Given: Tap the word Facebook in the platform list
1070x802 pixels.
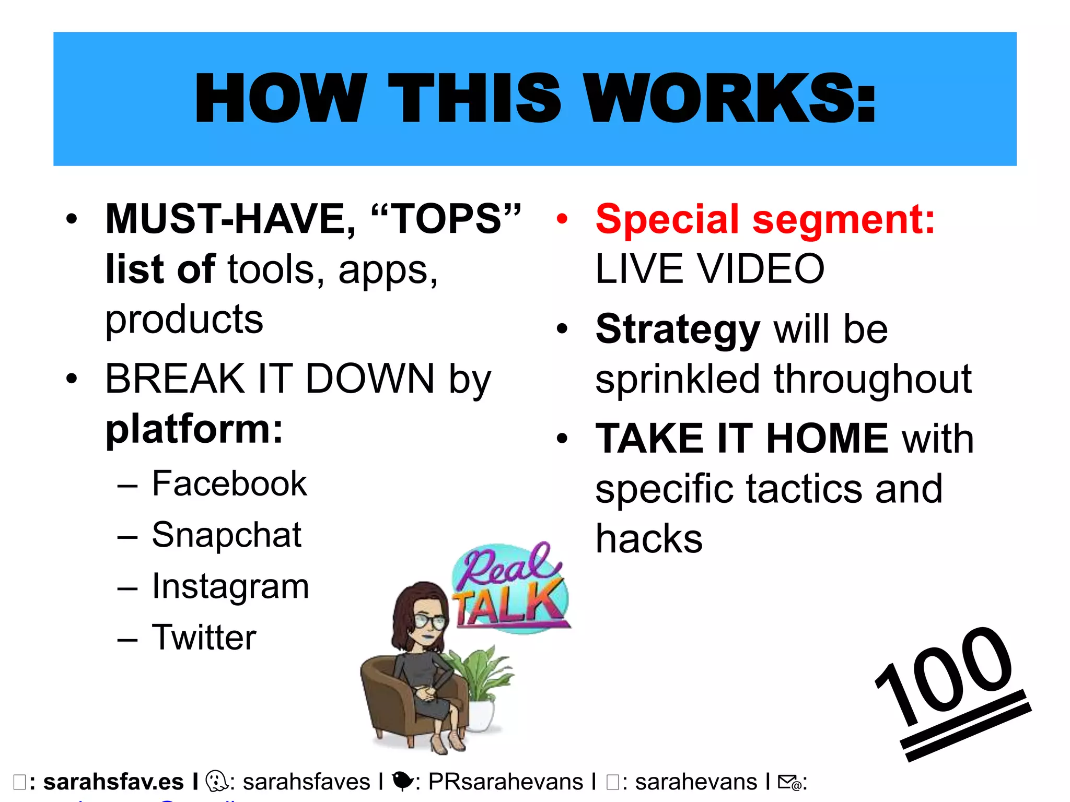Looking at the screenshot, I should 229,483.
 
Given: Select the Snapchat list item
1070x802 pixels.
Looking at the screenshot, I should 226,535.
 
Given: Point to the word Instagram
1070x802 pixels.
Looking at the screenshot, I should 230,586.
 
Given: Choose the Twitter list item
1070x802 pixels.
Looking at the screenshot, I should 204,637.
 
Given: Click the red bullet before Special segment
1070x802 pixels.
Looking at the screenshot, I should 562,219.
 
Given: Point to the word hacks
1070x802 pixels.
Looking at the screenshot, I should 649,539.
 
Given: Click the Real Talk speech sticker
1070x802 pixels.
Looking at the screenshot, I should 509,587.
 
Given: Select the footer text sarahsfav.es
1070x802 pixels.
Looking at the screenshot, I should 113,782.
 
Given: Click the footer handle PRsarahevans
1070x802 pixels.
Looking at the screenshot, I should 505,782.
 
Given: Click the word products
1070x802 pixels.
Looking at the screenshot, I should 184,320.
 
